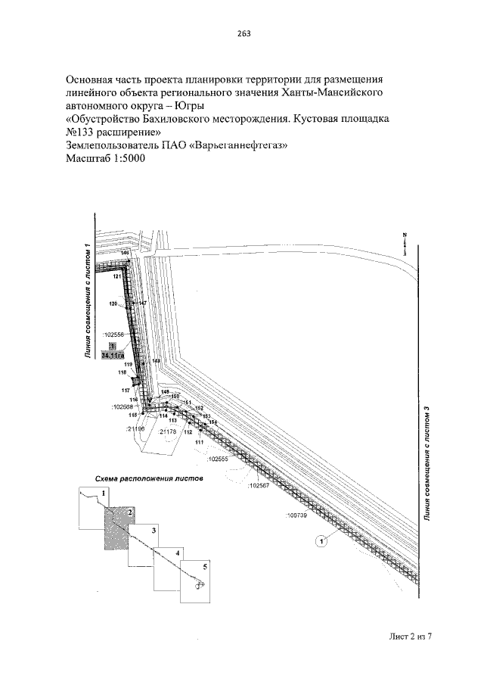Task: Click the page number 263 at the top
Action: pyautogui.click(x=243, y=33)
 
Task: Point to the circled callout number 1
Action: pyautogui.click(x=321, y=540)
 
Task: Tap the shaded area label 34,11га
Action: pyautogui.click(x=112, y=353)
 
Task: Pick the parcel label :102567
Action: pyautogui.click(x=258, y=486)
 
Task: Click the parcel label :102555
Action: pyautogui.click(x=217, y=459)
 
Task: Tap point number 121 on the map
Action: pyautogui.click(x=117, y=278)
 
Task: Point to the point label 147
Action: pyautogui.click(x=142, y=304)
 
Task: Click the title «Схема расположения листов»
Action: pyautogui.click(x=149, y=479)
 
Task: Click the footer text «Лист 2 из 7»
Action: pyautogui.click(x=405, y=636)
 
